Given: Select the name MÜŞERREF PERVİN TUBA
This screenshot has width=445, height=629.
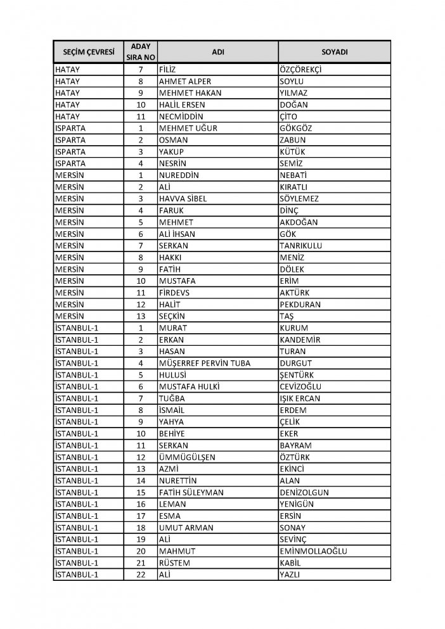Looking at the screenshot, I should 206,363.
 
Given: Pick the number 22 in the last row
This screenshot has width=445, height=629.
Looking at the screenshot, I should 141,575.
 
